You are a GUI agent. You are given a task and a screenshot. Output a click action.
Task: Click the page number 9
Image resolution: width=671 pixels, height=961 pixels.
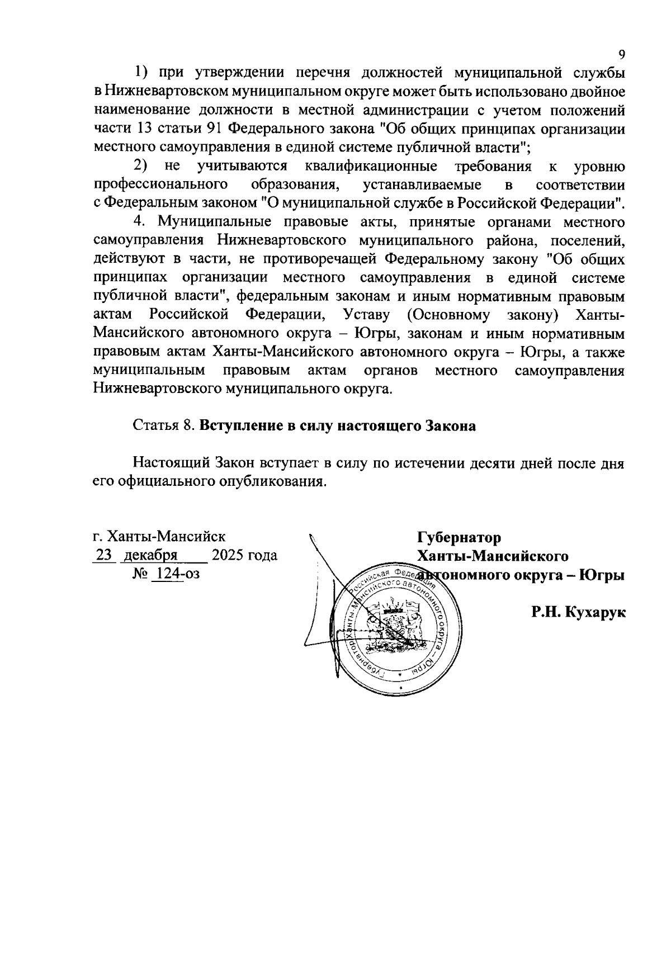click(621, 54)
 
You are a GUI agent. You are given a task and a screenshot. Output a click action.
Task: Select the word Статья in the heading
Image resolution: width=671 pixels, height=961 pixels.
click(155, 426)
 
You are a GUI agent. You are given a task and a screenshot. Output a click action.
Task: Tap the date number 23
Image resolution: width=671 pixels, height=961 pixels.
click(105, 556)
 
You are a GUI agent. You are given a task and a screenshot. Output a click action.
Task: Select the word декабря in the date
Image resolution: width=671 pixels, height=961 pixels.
click(150, 556)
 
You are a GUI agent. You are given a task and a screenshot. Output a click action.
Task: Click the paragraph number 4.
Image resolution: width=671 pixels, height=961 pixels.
click(140, 222)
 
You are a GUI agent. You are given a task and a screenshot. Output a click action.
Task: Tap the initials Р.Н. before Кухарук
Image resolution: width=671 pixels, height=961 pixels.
click(546, 613)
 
